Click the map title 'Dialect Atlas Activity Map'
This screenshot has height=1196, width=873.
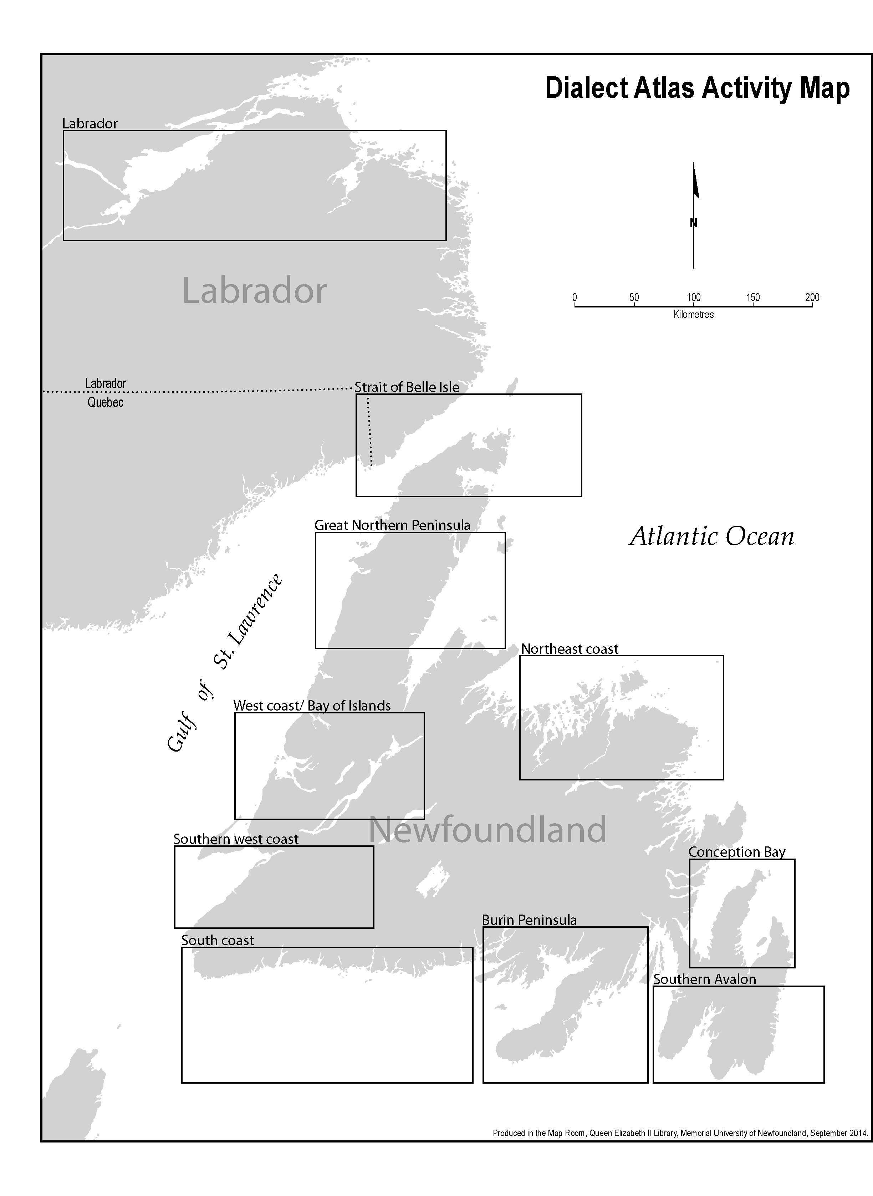(x=697, y=88)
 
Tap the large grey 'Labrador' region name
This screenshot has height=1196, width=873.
(x=254, y=291)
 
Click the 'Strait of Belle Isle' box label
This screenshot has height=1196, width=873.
(x=407, y=387)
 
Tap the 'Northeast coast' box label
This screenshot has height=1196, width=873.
(x=569, y=648)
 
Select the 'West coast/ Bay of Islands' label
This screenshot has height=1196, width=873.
(x=312, y=706)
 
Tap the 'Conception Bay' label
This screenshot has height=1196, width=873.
(x=737, y=851)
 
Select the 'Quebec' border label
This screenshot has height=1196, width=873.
(x=105, y=402)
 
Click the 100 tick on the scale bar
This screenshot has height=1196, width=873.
(x=693, y=297)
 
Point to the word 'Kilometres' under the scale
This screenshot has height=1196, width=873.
(x=693, y=315)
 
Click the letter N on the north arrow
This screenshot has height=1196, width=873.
(x=693, y=223)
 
